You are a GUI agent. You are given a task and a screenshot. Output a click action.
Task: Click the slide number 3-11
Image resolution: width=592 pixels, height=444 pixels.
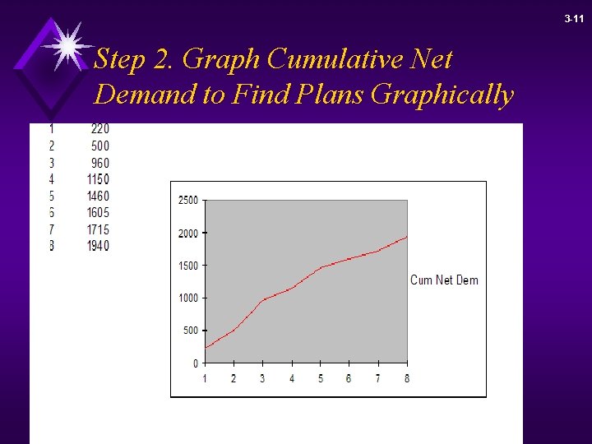click(574, 18)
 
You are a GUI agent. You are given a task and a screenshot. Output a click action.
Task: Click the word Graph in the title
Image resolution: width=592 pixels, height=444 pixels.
click(221, 59)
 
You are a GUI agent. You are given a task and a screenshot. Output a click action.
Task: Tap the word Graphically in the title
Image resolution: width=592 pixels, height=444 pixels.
click(442, 95)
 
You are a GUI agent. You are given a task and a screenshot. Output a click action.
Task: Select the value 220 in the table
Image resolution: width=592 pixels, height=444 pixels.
click(99, 129)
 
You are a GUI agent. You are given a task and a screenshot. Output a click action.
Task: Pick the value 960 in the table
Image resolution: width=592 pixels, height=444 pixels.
click(99, 163)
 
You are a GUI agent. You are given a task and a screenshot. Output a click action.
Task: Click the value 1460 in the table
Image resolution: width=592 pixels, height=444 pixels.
click(97, 196)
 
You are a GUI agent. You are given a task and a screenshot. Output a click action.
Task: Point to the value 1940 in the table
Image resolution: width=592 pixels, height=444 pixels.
click(97, 246)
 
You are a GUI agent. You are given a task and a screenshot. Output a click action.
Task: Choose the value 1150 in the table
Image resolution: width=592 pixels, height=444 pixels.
click(97, 179)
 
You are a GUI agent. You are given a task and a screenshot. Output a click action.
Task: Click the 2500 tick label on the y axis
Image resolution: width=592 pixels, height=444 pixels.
click(187, 201)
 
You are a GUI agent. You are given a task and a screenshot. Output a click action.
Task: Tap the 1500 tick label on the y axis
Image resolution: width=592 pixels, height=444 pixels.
click(187, 266)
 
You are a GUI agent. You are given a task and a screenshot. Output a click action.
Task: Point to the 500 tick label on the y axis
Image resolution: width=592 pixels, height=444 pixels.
click(190, 331)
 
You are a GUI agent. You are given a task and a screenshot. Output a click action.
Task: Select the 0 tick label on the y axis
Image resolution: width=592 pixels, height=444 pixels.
click(195, 363)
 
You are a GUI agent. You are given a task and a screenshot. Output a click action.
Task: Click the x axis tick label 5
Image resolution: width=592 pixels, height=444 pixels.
click(321, 378)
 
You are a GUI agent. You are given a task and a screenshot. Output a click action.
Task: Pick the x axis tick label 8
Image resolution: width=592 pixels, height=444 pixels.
click(407, 378)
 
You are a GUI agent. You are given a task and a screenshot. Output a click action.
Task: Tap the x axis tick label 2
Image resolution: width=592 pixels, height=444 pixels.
click(234, 378)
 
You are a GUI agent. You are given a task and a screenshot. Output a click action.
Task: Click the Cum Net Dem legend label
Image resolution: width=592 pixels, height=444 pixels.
click(444, 280)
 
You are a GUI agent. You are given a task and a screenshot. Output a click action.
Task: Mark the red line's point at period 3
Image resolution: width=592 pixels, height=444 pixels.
click(262, 301)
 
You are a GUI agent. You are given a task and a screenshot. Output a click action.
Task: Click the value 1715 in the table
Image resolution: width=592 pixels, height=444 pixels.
click(97, 229)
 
